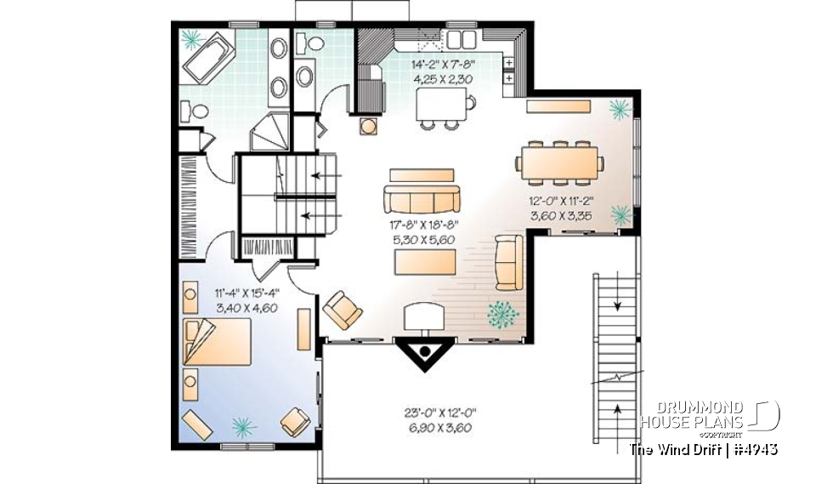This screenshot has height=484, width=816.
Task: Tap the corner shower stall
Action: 270,132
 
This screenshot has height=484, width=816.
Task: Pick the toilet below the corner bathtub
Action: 195,111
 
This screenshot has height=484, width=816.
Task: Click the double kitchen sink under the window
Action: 460,38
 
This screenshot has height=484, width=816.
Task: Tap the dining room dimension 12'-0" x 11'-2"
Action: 561,208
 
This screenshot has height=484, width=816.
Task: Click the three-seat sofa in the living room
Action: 422,200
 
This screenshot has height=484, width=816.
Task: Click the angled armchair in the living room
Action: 342,309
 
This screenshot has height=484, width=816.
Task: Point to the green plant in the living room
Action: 504,314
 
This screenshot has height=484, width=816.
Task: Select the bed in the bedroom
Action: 217,341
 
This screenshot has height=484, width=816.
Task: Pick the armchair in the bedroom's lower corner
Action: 295,421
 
